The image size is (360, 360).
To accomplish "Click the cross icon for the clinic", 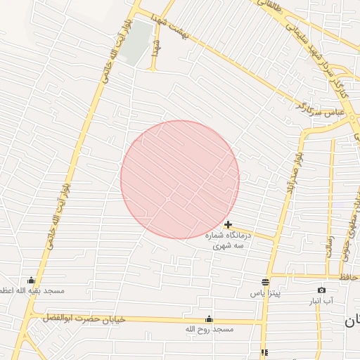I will tap(228, 224).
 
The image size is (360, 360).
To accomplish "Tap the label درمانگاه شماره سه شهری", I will tap(228, 241).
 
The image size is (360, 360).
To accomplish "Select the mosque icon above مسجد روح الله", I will tap(208, 319).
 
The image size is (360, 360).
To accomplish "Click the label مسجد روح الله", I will tap(208, 328).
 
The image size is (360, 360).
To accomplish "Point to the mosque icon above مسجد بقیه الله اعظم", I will tap(30, 281).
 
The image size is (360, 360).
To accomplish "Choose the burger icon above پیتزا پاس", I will tap(265, 281).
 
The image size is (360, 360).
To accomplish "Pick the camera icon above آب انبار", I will tap(321, 290).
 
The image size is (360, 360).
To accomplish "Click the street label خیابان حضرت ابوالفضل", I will tap(84, 319).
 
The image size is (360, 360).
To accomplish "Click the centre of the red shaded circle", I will tap(180, 179).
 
